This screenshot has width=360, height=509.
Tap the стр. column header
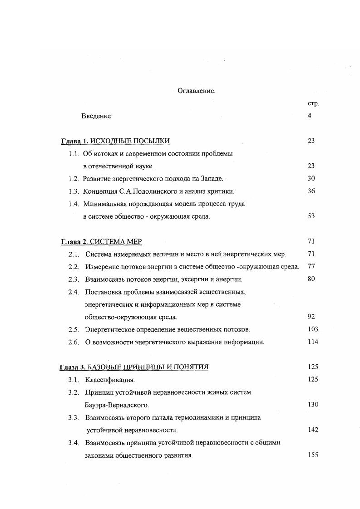pos(313,103)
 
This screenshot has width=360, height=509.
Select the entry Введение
pos(96,116)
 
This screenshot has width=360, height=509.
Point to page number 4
pos(309,116)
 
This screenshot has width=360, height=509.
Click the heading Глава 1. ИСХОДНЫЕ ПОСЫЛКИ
pos(115,141)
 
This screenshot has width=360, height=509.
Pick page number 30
pos(311,179)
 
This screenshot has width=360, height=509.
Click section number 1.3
pos(74,191)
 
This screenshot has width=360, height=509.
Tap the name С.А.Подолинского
pos(139,191)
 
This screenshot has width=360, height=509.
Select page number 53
pos(311,216)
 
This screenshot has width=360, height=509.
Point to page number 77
pos(311,267)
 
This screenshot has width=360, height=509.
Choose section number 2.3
pos(74,279)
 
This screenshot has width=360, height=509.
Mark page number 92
pos(311,317)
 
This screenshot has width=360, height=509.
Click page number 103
pos(312,329)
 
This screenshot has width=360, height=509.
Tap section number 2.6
pos(74,342)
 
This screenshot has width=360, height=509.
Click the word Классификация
pos(110,380)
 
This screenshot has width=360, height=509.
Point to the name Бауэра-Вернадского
pos(117,405)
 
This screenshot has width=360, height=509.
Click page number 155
pos(312,455)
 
